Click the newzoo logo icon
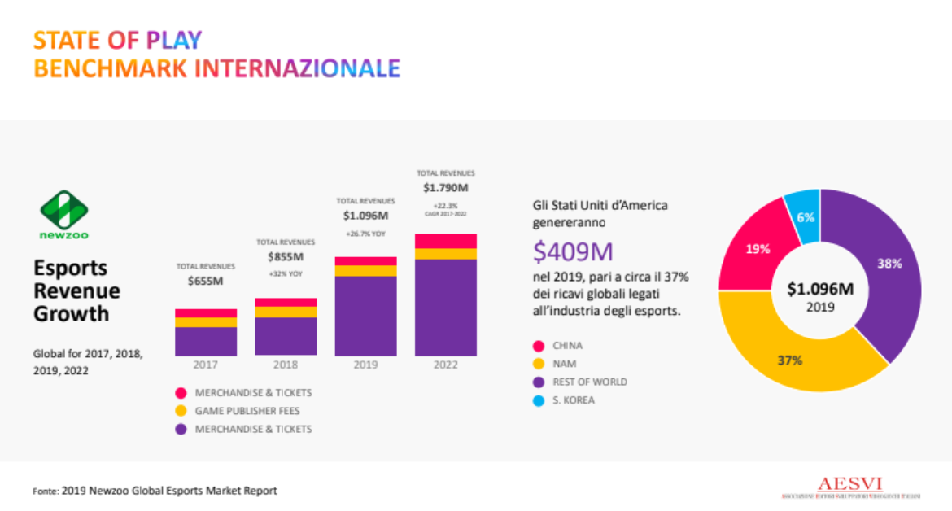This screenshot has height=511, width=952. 64,210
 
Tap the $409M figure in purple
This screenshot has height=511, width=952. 573,252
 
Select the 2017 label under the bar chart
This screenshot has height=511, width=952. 205,365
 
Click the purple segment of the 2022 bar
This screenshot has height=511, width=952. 445,308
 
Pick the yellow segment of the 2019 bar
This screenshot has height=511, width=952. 365,271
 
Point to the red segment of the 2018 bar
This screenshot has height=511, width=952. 286,302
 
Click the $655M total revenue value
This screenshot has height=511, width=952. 205,282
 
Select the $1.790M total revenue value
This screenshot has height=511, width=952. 445,188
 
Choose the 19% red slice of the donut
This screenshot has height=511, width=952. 758,249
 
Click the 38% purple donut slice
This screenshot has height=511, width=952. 887,264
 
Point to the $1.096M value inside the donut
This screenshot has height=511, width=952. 819,289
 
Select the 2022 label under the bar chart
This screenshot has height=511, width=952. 445,365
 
